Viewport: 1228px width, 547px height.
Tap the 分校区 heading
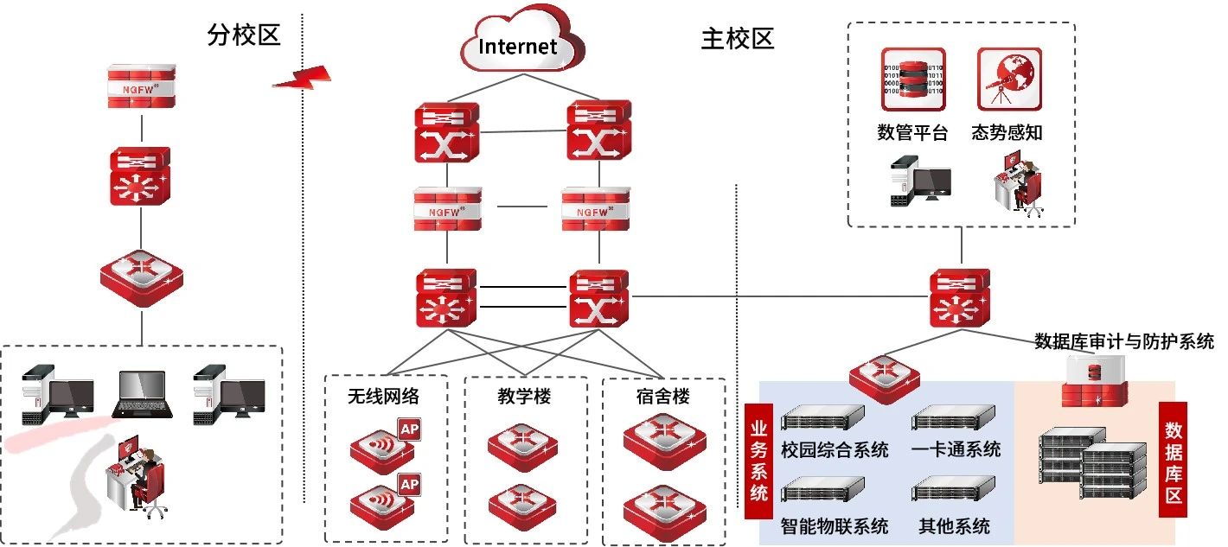pos(245,35)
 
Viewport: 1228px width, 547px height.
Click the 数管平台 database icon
pos(913,80)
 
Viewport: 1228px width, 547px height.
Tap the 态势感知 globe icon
pos(1009,80)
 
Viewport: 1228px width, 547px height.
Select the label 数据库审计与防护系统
pos(1124,341)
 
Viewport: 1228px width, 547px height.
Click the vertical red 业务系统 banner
pos(759,459)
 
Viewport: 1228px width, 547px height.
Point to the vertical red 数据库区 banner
pos(1174,459)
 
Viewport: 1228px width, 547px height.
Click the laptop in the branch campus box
pos(143,395)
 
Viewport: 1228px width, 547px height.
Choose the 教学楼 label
pos(524,397)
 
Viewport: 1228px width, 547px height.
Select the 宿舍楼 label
pos(662,397)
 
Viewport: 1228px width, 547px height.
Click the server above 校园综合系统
pos(822,418)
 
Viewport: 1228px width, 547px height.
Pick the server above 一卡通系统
pos(954,419)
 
